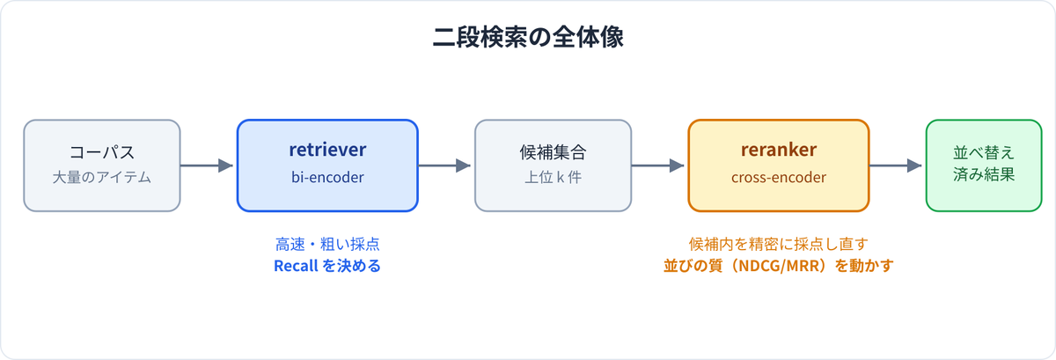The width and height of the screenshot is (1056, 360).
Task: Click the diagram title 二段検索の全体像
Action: click(528, 37)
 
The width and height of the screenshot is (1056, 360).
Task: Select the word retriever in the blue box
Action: click(327, 150)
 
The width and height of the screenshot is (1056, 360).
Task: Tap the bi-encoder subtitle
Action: click(327, 178)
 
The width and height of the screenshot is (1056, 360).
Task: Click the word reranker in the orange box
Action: click(778, 150)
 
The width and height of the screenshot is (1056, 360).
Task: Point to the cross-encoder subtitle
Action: click(778, 178)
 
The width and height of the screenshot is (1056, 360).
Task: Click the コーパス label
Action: click(102, 152)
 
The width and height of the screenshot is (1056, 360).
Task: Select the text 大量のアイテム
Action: click(102, 178)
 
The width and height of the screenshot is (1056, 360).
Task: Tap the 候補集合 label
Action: click(553, 152)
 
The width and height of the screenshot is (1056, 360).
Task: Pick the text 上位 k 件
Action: click(553, 178)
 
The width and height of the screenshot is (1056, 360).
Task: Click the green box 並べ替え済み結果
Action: click(984, 165)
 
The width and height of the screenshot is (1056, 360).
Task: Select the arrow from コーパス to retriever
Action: click(207, 165)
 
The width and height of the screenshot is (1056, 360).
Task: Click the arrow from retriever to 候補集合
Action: click(444, 165)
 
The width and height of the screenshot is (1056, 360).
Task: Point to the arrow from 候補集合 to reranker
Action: click(657, 165)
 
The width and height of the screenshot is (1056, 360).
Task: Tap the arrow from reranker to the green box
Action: click(895, 165)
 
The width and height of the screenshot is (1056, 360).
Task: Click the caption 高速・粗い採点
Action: click(327, 244)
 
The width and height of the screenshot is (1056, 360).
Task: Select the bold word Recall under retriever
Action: click(296, 266)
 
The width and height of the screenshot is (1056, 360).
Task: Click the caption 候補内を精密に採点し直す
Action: click(778, 244)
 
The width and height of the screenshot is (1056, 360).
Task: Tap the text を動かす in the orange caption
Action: click(864, 266)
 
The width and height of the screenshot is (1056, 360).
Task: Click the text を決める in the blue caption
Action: click(352, 266)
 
